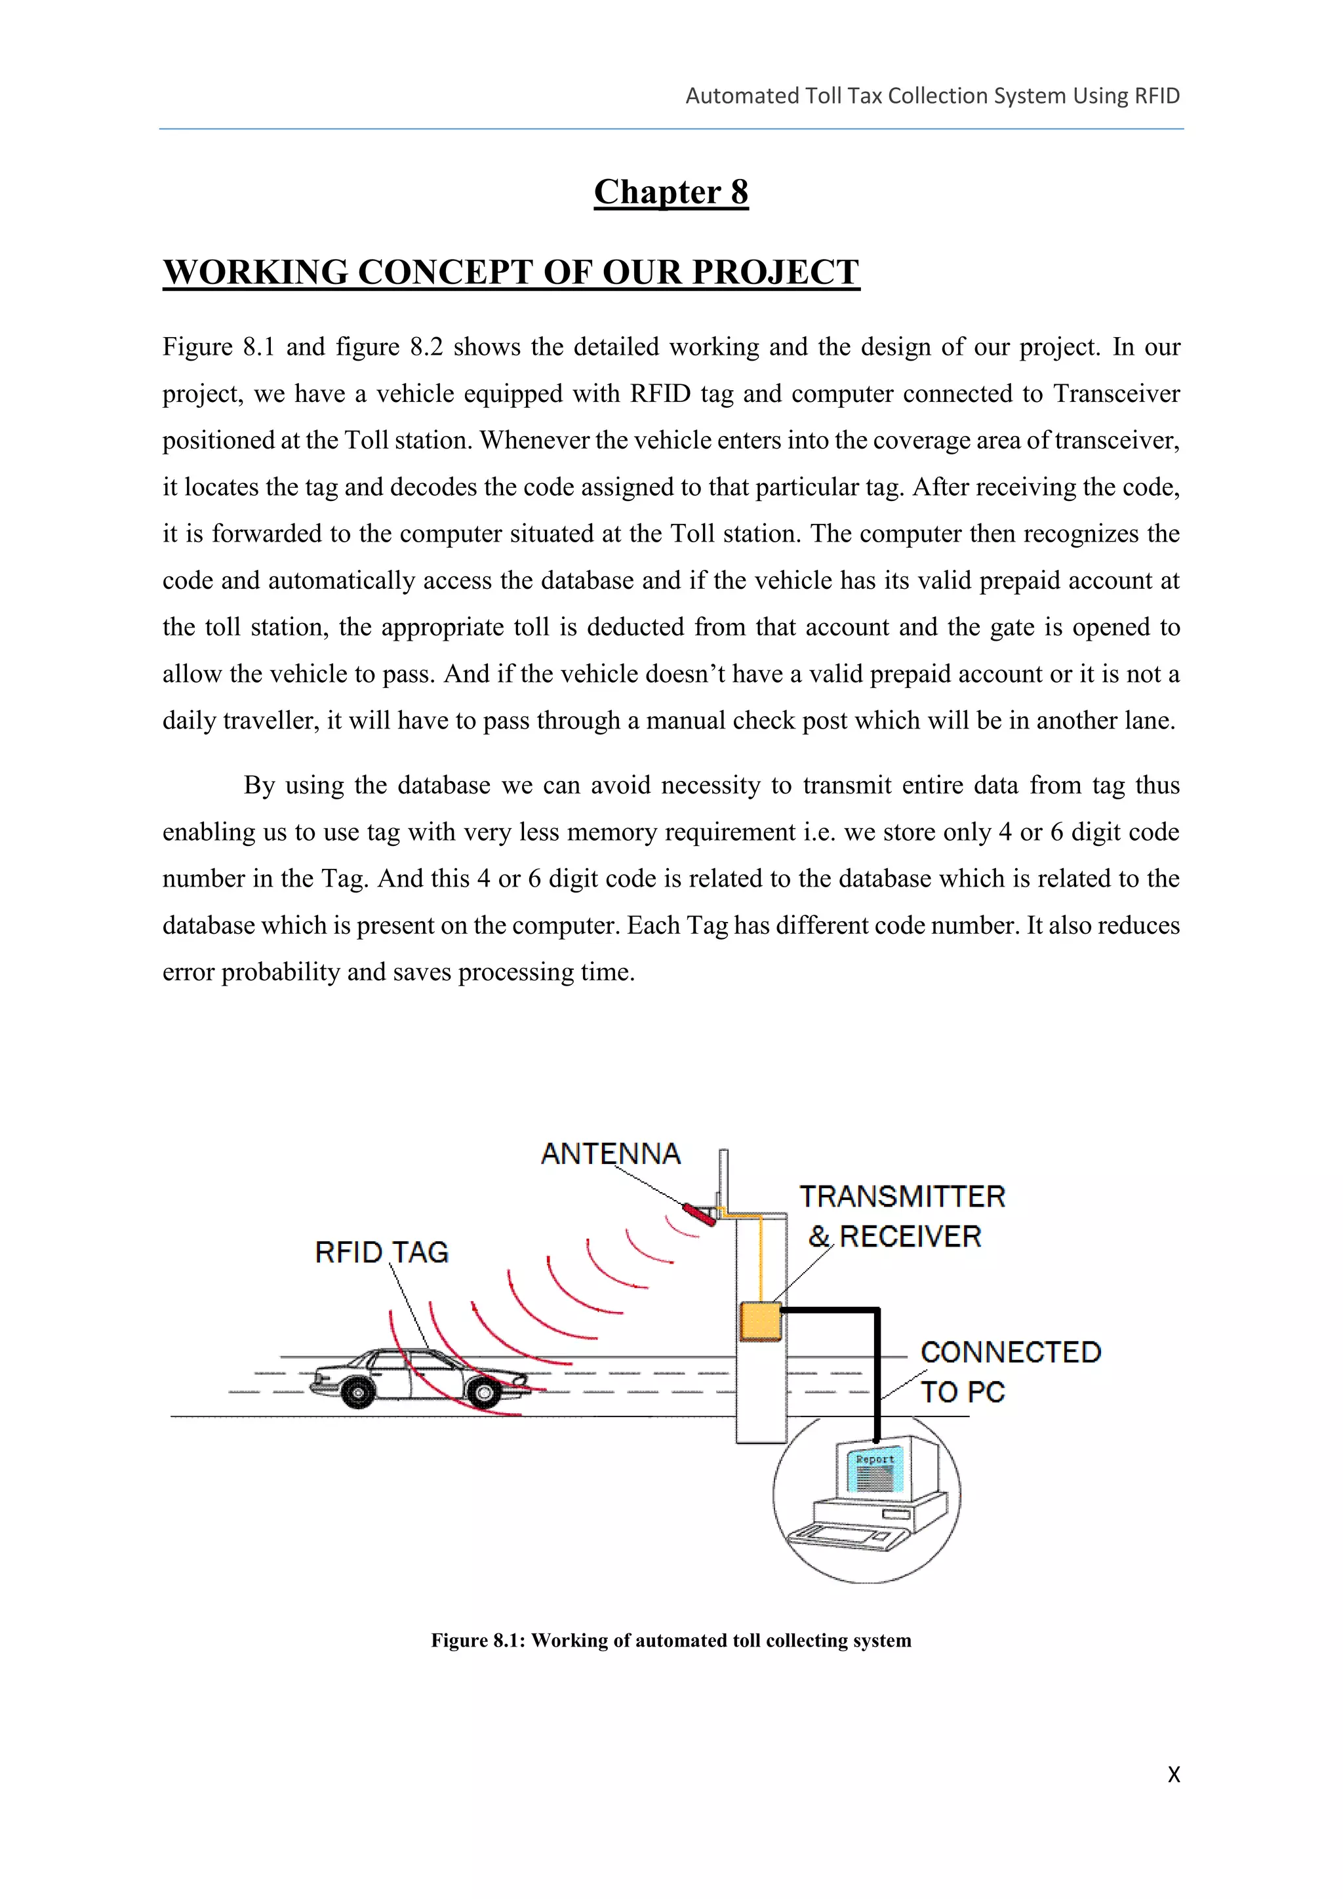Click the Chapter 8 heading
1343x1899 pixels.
671,192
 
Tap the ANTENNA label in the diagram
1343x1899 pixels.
611,1154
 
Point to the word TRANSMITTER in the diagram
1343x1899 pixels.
902,1197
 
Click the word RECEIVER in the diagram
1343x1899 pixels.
910,1237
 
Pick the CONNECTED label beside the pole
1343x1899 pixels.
1011,1352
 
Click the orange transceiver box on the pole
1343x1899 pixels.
760,1321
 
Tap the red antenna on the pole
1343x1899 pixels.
699,1215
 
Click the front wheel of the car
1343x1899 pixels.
484,1395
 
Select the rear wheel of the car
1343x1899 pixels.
358,1393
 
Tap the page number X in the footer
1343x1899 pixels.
1173,1774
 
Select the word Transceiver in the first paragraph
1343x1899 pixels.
1115,393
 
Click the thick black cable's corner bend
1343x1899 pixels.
877,1311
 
